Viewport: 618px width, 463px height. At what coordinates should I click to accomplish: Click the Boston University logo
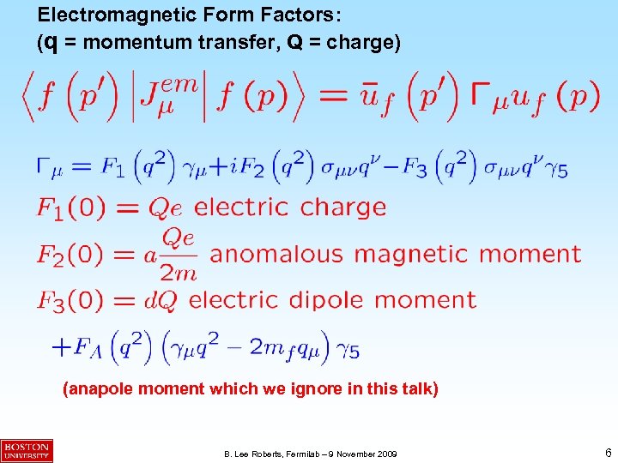(x=27, y=451)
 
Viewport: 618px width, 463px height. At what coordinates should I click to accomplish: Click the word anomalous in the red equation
(x=276, y=255)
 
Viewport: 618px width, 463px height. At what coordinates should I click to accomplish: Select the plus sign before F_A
(x=62, y=346)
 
